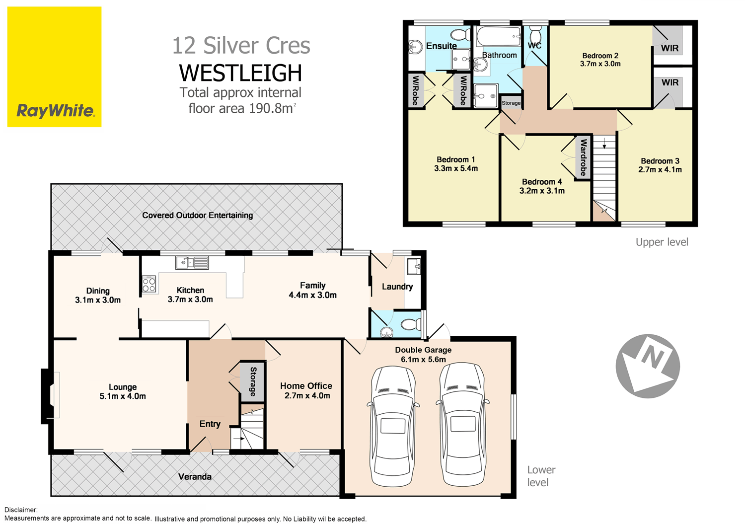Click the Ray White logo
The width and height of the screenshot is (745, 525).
(54, 67)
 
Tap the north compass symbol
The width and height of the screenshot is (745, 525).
(648, 366)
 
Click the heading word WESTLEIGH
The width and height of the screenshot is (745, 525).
(240, 73)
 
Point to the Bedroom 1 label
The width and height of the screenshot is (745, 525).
(455, 159)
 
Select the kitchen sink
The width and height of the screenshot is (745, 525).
(192, 262)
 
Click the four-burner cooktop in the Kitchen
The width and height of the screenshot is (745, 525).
(149, 284)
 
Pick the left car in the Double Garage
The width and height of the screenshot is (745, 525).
(393, 425)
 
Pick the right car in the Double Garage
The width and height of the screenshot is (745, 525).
(462, 425)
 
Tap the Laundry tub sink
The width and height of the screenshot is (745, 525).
(413, 266)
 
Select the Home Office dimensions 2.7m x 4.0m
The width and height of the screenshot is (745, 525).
(307, 396)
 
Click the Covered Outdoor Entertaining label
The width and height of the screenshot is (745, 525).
(197, 215)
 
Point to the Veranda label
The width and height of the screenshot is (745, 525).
(195, 477)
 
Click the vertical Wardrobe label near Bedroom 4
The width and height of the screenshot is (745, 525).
(584, 157)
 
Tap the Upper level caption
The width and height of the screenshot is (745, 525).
(662, 242)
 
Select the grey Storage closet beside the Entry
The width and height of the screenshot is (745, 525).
(253, 381)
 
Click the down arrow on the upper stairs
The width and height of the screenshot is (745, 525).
(604, 145)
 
